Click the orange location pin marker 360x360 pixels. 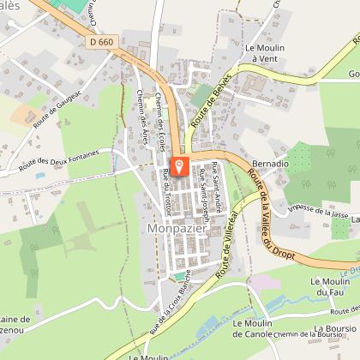(x=180, y=166)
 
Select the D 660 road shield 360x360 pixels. (x=100, y=40)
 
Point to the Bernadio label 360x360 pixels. (x=271, y=163)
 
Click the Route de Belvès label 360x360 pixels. (x=202, y=111)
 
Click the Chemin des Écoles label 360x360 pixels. (x=159, y=123)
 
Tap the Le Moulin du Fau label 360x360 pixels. (x=327, y=287)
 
